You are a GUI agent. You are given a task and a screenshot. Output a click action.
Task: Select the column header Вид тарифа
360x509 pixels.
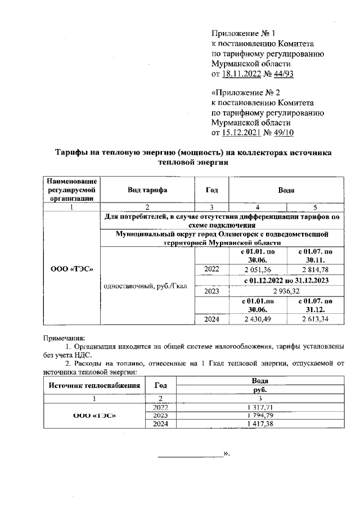coord(147,190)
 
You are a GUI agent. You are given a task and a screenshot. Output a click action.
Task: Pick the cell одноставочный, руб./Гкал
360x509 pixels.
coord(147,285)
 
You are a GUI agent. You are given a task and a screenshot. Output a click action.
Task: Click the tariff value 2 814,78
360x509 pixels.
coord(315,269)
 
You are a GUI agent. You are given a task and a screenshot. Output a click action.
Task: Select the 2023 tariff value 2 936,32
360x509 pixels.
coord(286,291)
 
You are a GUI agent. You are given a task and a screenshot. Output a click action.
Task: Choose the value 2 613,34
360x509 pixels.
coord(315,319)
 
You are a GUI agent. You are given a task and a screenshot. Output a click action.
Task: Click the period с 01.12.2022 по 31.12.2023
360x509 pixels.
coord(286,280)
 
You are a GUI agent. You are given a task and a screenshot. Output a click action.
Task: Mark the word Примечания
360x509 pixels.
coord(64,338)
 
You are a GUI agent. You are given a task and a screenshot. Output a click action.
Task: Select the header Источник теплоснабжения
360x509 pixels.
coord(93,385)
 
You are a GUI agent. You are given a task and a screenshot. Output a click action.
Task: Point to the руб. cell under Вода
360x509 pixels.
coord(259,389)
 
